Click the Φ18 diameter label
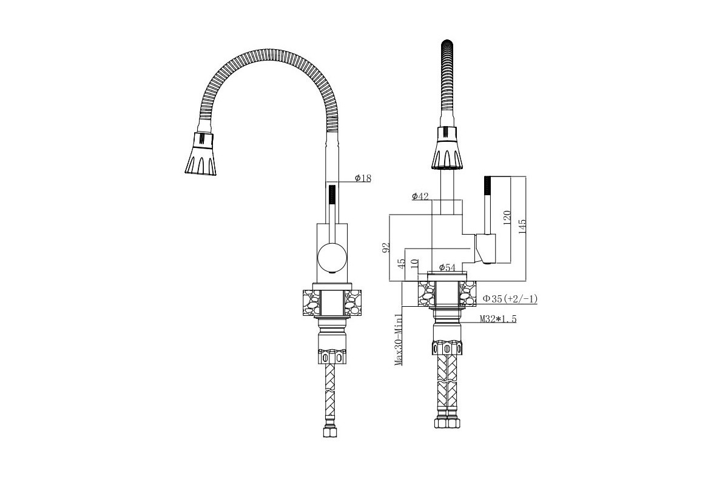pos(363,178)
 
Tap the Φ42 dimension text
pos(420,196)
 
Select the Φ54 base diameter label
pos(447,268)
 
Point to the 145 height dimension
pos(522,226)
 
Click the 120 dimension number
pos(507,217)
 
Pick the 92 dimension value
pos(386,248)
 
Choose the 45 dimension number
pos(402,264)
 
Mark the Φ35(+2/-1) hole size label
pos(510,298)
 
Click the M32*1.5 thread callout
pos(498,319)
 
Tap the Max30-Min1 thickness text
pos(399,339)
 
